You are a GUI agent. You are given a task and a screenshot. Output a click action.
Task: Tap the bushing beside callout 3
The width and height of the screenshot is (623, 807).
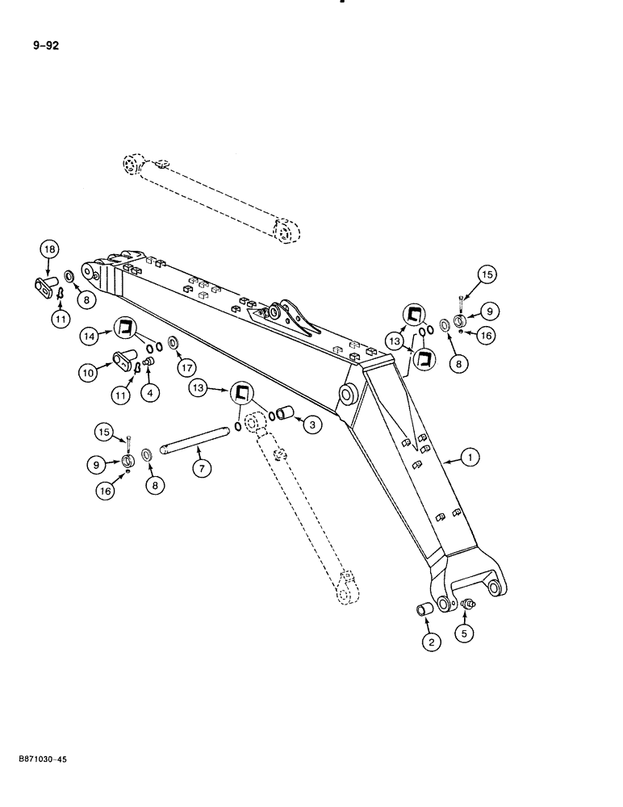point(282,415)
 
